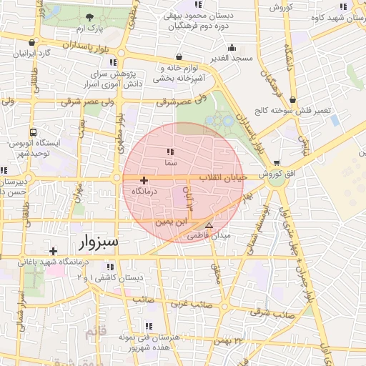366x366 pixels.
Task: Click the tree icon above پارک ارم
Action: pyautogui.click(x=89, y=18)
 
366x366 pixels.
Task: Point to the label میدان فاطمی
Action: pyautogui.click(x=209, y=235)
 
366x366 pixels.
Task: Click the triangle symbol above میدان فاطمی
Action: pyautogui.click(x=209, y=224)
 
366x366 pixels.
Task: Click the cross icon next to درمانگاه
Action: pyautogui.click(x=144, y=181)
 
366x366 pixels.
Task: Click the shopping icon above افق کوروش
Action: pyautogui.click(x=277, y=164)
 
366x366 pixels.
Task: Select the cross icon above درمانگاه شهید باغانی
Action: pyautogui.click(x=54, y=251)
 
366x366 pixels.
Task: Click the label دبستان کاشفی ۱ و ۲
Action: pyautogui.click(x=114, y=277)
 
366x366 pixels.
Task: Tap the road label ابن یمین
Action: pyautogui.click(x=169, y=224)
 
